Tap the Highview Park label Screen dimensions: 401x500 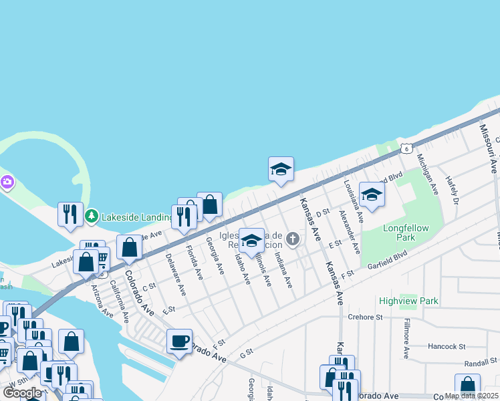[x=408, y=301]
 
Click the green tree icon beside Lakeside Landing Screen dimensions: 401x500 [x=91, y=217]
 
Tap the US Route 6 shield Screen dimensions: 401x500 [x=405, y=148]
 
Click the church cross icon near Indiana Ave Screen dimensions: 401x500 [x=292, y=239]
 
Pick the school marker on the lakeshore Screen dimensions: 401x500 [x=281, y=170]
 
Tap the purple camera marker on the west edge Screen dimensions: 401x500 [x=7, y=182]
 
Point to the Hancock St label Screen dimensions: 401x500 [x=447, y=347]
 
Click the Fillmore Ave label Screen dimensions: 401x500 [x=406, y=338]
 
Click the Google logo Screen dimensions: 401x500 [x=22, y=393]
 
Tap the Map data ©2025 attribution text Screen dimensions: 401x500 [x=471, y=396]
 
